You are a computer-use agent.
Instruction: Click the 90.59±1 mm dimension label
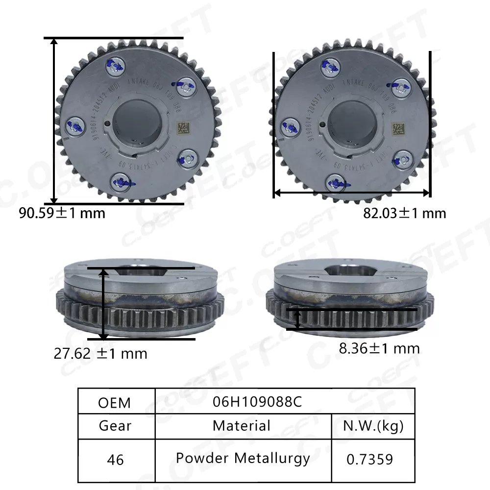(62, 213)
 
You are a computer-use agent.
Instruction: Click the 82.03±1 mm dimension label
(404, 213)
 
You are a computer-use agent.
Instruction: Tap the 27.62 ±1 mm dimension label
(100, 353)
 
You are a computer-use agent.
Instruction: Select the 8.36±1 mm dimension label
(379, 348)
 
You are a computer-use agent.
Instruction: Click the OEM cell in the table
(115, 402)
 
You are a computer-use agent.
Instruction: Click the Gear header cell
(115, 426)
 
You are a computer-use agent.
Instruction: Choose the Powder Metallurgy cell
(243, 458)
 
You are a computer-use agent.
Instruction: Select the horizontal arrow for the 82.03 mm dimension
(351, 193)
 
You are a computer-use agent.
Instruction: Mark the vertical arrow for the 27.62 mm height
(104, 304)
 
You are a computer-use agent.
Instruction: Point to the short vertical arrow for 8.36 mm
(297, 319)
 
